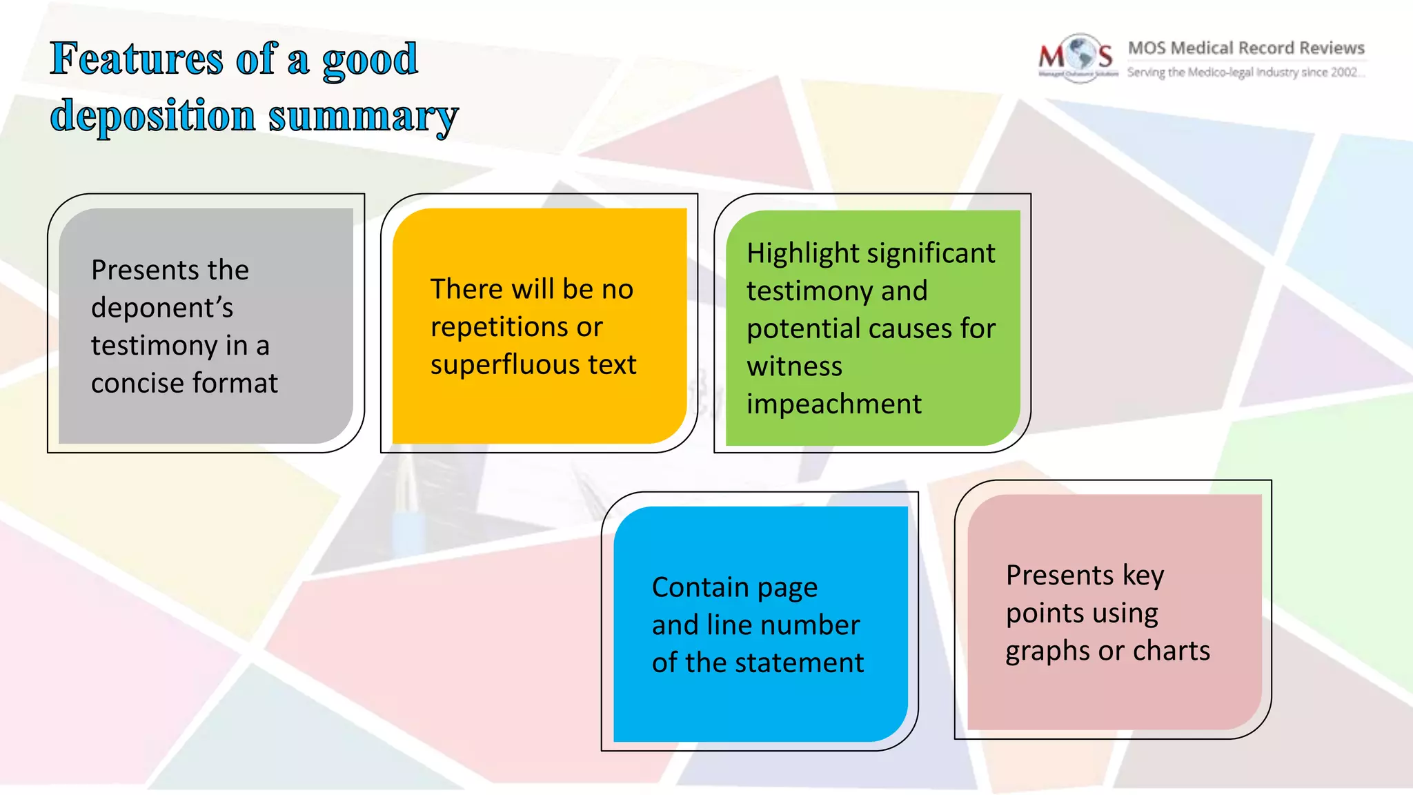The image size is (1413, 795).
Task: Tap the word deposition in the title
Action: click(x=152, y=115)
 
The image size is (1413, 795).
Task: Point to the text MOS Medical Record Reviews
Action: click(x=1246, y=48)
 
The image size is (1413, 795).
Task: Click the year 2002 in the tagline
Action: click(x=1343, y=72)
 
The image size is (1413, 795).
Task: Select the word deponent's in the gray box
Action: click(x=162, y=308)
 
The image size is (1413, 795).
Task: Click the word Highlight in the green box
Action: click(x=802, y=254)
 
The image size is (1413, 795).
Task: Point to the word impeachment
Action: click(x=833, y=404)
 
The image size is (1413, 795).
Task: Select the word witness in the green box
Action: click(x=794, y=366)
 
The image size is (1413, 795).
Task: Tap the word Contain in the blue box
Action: click(x=700, y=587)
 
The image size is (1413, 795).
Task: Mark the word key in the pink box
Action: click(x=1143, y=576)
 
